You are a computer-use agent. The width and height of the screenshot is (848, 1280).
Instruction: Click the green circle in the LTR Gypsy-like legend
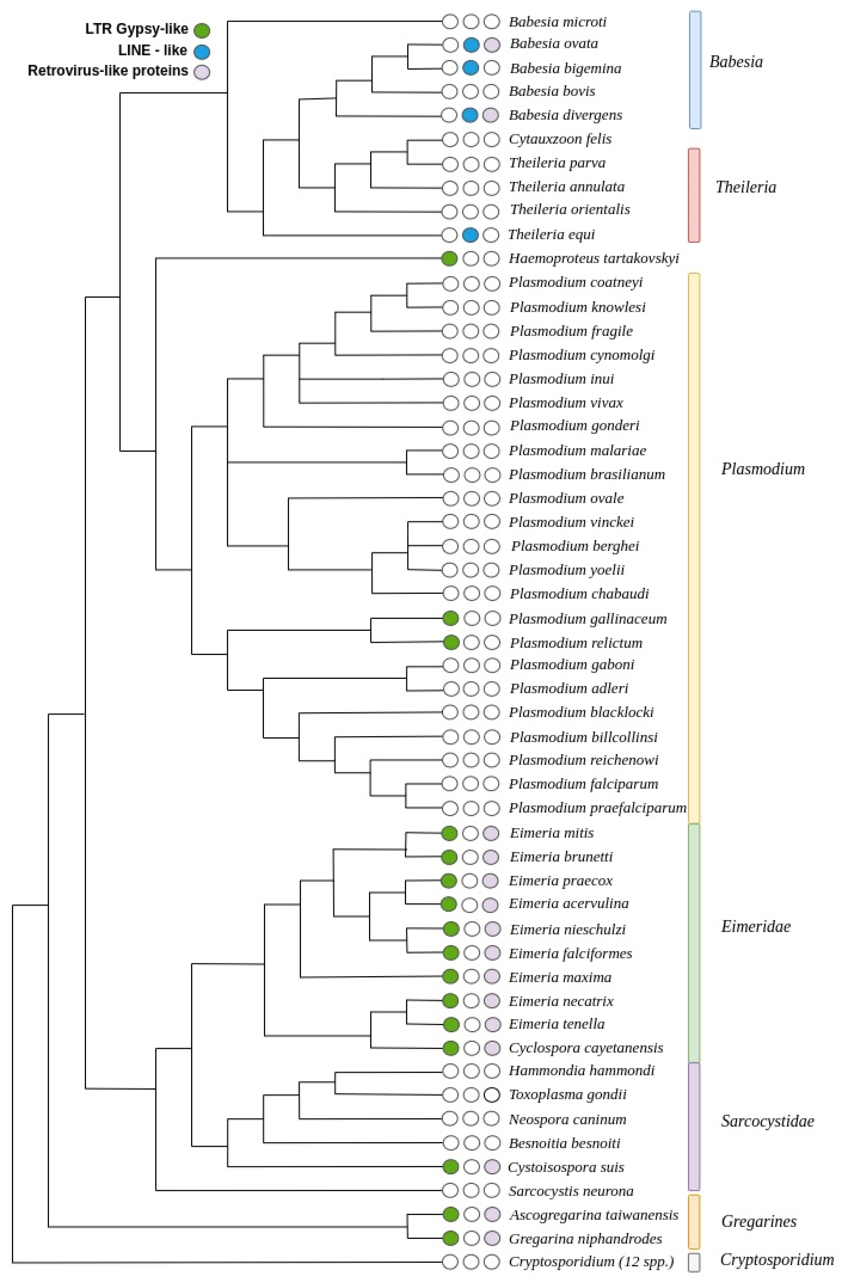(x=202, y=30)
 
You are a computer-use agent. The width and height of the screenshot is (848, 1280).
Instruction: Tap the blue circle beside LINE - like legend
(x=202, y=51)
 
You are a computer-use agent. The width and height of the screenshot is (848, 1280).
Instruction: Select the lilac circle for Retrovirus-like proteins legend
(x=202, y=71)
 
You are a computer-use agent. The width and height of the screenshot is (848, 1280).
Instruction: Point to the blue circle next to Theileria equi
(x=470, y=235)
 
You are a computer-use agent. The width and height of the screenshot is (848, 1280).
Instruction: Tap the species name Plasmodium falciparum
(x=583, y=784)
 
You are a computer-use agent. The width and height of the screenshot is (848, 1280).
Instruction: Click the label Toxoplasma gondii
(x=567, y=1095)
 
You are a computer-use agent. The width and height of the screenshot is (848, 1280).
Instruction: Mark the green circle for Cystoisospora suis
(x=450, y=1167)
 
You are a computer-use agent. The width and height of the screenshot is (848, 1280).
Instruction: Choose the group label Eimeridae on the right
(x=756, y=926)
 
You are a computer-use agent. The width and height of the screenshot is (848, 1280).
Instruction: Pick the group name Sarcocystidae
(x=767, y=1121)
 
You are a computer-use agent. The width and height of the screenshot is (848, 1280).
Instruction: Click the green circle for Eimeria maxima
(x=450, y=977)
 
